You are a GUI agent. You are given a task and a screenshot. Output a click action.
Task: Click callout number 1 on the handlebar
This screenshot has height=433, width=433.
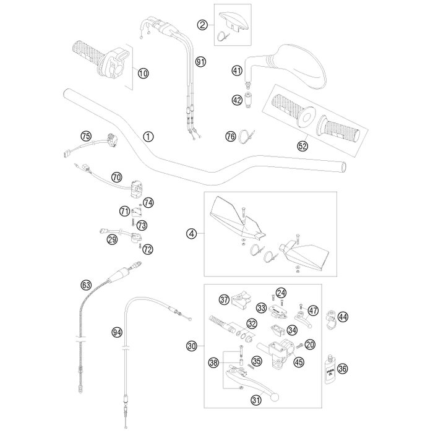point(147,135)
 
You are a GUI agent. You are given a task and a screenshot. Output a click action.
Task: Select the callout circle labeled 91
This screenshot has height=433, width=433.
point(200,61)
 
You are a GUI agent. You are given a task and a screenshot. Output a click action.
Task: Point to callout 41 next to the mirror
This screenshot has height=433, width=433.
point(237,71)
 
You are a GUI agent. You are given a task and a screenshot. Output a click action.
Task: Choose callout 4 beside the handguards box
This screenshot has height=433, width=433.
point(192,233)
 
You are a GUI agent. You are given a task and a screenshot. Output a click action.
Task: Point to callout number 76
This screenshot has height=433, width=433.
point(230,136)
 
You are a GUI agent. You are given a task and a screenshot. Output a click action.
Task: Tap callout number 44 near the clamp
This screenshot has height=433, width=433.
point(343,317)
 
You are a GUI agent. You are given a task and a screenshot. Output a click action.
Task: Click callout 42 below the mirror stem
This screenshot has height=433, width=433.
point(237,100)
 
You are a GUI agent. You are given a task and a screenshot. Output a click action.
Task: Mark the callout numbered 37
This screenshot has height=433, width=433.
point(224,299)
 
